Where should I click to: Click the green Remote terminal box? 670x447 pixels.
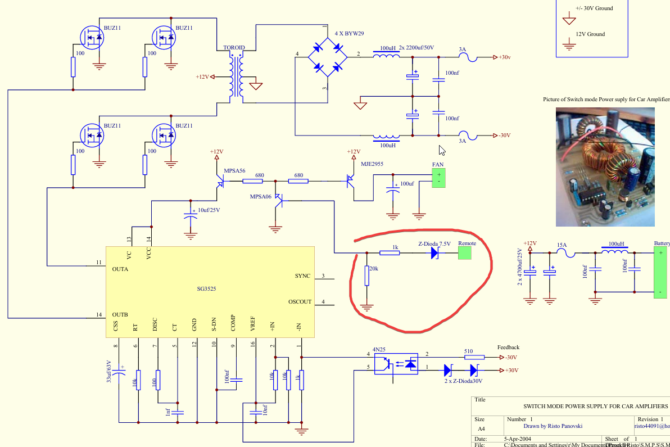click(464, 253)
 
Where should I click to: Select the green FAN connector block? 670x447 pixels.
click(438, 178)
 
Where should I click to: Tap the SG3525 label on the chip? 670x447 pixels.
click(206, 288)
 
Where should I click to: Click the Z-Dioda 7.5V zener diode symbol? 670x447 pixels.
click(434, 253)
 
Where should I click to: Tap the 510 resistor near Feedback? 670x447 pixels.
click(474, 357)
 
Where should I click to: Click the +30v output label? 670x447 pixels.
click(505, 57)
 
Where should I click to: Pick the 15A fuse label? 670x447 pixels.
click(561, 245)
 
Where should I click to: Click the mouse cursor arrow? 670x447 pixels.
click(442, 150)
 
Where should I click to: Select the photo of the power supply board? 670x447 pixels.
click(605, 167)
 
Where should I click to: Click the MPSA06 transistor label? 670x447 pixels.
click(261, 196)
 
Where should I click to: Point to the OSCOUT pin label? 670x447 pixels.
click(300, 302)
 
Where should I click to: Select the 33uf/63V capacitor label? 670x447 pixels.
click(110, 372)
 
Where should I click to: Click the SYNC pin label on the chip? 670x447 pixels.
click(302, 276)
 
